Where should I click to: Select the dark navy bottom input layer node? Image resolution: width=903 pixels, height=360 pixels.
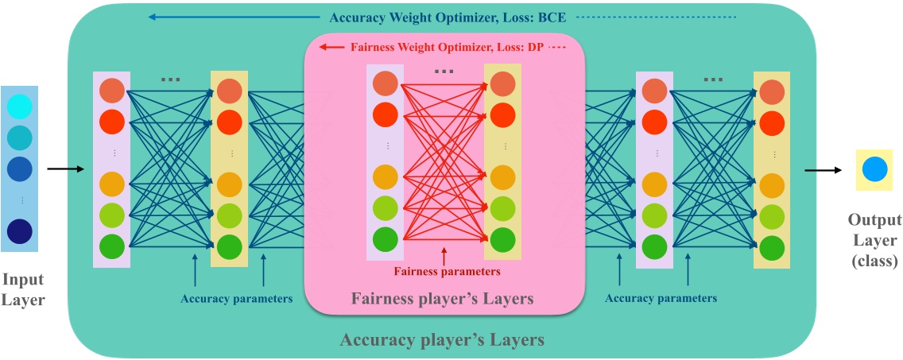coord(19,231)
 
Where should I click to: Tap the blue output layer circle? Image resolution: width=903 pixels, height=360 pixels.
coord(874,169)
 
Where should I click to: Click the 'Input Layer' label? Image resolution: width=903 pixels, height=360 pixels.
coord(23,289)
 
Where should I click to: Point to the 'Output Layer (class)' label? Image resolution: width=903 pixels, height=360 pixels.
coord(874,241)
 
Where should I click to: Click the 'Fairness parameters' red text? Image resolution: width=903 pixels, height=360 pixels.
coord(447,271)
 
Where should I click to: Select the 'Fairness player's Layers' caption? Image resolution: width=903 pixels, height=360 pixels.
coord(442,299)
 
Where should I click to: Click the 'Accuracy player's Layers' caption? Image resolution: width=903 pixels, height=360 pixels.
coord(442,340)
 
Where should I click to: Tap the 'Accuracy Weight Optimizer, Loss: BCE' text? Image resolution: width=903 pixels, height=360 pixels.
coord(446,17)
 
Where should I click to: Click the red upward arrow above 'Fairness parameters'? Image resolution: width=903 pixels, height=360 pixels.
coord(444,256)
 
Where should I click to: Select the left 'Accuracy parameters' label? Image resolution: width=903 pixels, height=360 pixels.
coord(236,299)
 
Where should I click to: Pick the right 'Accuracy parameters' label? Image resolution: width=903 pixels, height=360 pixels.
coord(661,298)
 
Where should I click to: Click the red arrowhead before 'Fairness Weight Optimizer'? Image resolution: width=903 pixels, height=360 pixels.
coord(324,48)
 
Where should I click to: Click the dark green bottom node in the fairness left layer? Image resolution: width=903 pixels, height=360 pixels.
coord(385,239)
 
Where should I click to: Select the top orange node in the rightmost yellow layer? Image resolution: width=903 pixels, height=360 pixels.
coord(771,91)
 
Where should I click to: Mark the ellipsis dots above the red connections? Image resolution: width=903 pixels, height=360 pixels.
coord(444,72)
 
